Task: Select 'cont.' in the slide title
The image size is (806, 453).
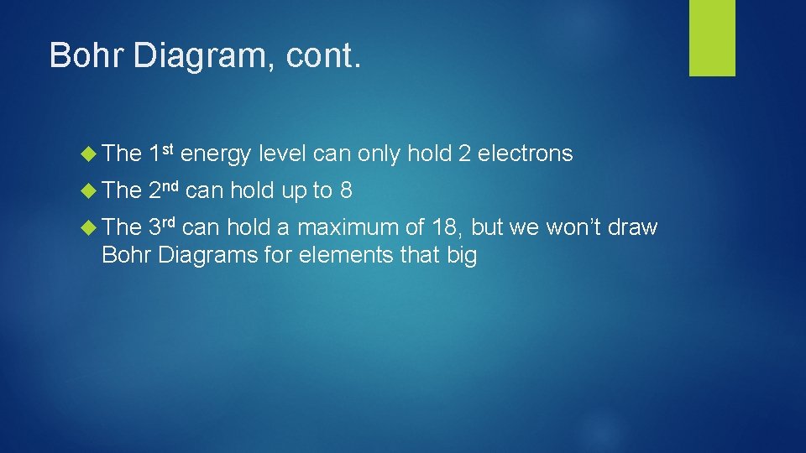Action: click(x=324, y=56)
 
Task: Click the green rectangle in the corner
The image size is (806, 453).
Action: click(x=712, y=37)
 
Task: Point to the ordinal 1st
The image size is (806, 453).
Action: click(x=160, y=153)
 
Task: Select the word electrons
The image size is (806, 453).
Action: click(x=525, y=154)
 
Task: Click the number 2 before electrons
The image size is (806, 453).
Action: click(x=464, y=154)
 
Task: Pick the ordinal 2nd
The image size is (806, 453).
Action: click(x=163, y=190)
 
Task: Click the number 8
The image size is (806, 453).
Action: click(x=345, y=190)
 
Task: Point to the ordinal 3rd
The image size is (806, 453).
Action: click(x=162, y=227)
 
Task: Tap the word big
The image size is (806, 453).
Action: click(x=458, y=256)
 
